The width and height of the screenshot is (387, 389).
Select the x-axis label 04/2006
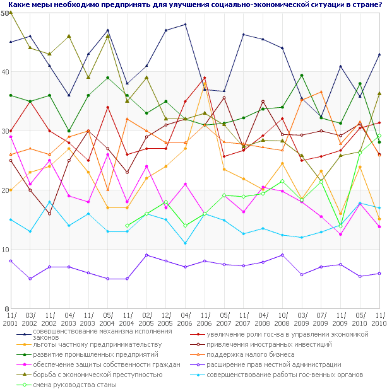pos(186,318)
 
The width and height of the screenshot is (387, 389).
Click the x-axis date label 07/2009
pos(321,318)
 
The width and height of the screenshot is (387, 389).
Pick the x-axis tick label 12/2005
pos(166,318)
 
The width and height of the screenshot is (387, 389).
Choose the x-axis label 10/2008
pos(282,318)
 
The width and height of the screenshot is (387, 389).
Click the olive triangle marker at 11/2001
pos(11,12)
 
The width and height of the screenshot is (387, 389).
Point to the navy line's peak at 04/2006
pos(186,25)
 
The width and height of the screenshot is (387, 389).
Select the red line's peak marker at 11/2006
pos(205,78)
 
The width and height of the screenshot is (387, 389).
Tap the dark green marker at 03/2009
pos(302,76)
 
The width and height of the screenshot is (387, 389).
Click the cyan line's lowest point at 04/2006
pos(186,243)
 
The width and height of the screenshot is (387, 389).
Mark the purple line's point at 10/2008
pos(282,255)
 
